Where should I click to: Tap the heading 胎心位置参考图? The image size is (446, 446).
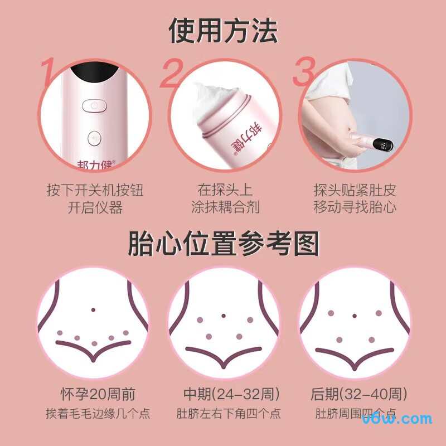tap(223, 244)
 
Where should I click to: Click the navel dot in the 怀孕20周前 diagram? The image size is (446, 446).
tap(93, 309)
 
